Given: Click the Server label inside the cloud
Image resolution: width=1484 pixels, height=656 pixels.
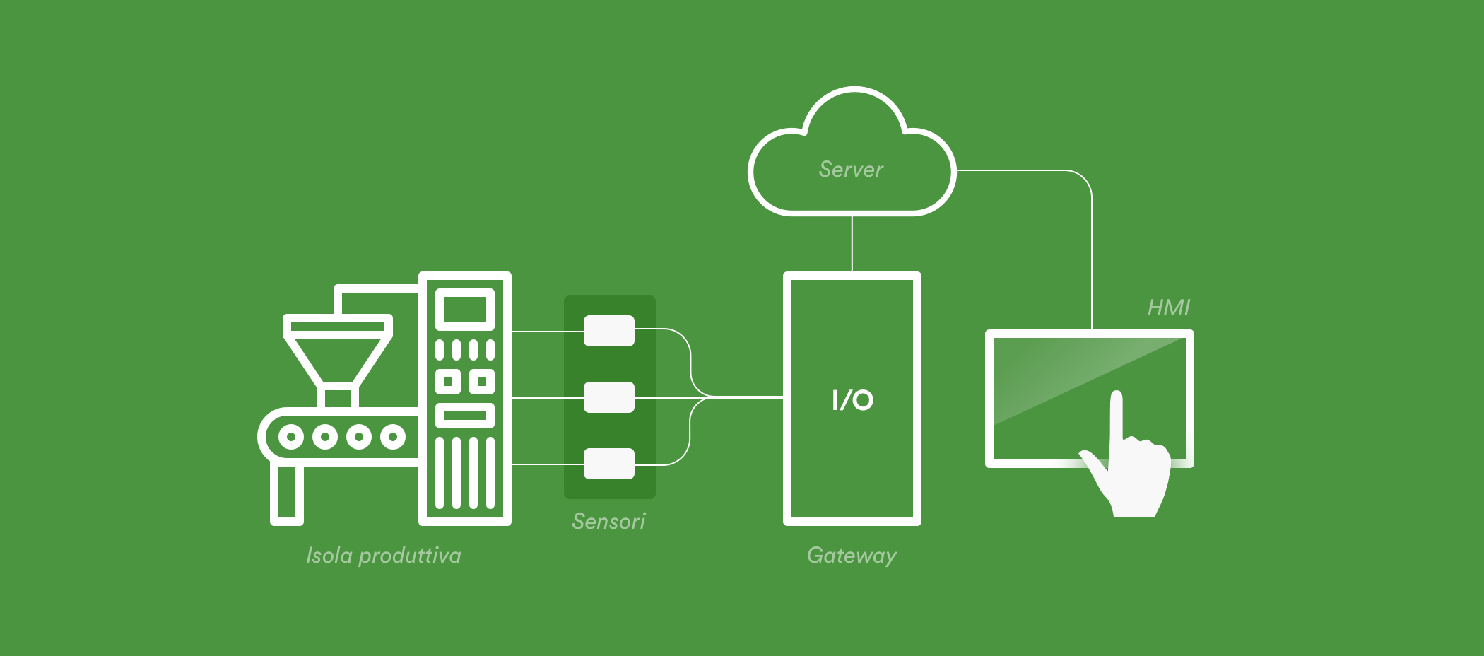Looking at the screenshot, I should tap(851, 170).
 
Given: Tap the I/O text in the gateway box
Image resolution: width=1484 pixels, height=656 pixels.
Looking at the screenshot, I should tap(852, 400).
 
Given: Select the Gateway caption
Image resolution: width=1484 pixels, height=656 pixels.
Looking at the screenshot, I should tap(852, 556).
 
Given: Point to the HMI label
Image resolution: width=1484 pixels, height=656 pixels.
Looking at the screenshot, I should tap(1168, 307).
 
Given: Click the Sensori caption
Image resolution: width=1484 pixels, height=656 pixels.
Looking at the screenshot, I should tap(608, 522).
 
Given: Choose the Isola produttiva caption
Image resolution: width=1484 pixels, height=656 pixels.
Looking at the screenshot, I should tap(384, 556).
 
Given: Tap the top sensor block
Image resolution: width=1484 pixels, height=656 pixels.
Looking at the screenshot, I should tap(609, 331).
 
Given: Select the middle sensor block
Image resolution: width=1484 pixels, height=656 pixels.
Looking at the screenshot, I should tap(609, 397).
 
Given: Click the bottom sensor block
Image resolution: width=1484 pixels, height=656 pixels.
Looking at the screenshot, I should tap(609, 464).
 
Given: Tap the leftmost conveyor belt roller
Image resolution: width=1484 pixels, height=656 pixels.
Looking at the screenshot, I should tap(291, 436).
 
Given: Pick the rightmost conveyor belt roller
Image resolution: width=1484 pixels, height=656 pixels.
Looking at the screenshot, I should tap(393, 436).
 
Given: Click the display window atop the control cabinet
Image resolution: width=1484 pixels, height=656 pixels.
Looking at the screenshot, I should tap(464, 310).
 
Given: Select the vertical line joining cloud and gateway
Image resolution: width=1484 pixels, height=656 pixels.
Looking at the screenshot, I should tap(852, 244).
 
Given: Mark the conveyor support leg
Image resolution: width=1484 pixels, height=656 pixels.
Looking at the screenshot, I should tap(287, 493).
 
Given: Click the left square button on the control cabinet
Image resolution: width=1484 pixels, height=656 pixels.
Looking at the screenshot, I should tap(448, 382).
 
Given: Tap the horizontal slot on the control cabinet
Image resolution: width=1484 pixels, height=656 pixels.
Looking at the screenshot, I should tap(464, 415).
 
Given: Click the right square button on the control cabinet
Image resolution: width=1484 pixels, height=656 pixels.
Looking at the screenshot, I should tap(482, 382).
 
